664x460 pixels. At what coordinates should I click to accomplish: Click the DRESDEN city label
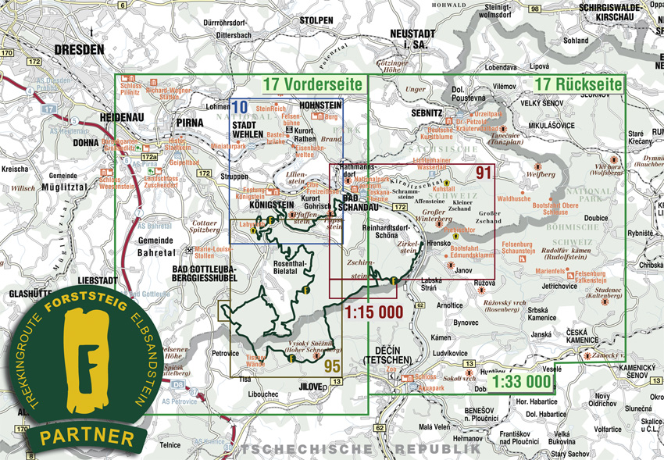[x=79, y=48]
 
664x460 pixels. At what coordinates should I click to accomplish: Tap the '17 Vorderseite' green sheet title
[x=312, y=84]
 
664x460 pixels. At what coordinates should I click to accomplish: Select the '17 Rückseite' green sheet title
[x=579, y=84]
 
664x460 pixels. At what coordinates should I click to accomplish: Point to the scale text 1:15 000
[x=373, y=312]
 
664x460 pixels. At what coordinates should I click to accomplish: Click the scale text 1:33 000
[x=521, y=383]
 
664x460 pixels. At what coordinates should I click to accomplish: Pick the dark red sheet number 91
[x=484, y=173]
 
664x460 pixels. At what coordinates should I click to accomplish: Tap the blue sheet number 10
[x=240, y=107]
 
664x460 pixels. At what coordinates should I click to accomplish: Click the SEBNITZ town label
[x=427, y=113]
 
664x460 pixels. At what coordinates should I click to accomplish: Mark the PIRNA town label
[x=191, y=123]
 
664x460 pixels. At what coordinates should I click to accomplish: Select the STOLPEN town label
[x=317, y=20]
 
